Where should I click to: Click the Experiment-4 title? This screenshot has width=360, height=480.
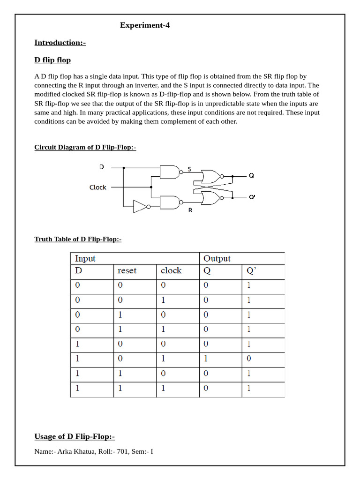click(144, 25)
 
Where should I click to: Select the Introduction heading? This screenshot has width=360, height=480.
click(60, 43)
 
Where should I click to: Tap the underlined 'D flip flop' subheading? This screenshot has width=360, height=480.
click(52, 60)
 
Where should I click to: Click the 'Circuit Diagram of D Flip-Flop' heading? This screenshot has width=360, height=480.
click(85, 147)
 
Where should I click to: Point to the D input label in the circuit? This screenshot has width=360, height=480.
click(102, 167)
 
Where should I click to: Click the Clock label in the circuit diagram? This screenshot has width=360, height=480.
click(98, 187)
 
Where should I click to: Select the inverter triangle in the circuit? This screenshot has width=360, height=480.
click(140, 207)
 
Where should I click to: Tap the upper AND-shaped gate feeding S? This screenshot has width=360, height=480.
click(169, 172)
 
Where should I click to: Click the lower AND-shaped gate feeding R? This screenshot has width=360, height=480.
click(169, 202)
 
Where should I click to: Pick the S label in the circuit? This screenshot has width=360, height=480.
click(189, 168)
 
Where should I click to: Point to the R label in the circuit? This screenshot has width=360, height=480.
click(190, 210)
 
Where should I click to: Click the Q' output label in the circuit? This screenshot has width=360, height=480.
click(252, 197)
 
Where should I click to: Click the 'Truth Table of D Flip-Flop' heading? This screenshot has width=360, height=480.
click(78, 240)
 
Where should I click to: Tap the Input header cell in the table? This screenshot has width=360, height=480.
click(85, 259)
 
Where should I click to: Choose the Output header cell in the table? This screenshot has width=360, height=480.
click(217, 259)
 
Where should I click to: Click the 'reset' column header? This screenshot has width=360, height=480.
click(127, 271)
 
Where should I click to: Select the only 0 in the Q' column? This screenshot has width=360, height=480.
click(249, 359)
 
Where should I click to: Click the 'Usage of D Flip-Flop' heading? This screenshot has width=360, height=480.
click(75, 437)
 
